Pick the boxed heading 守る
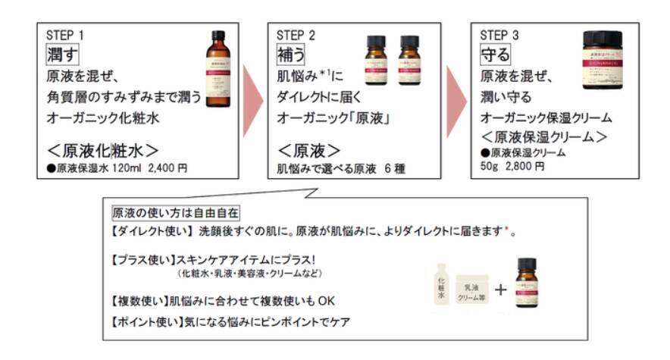click(496, 54)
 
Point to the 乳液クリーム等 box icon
click(475, 288)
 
